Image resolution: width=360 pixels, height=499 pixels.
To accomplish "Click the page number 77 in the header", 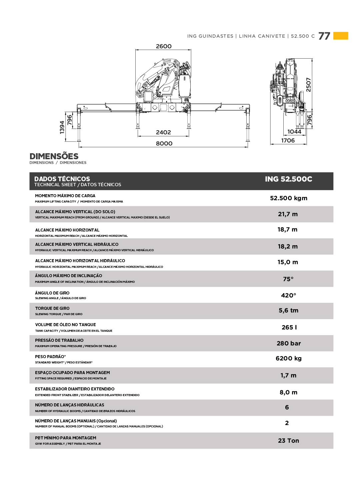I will (324, 36).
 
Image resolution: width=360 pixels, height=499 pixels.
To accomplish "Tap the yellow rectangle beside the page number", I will (341, 36).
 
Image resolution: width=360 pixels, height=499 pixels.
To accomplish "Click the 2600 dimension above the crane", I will (164, 46).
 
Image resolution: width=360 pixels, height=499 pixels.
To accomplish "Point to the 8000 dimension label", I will (164, 144).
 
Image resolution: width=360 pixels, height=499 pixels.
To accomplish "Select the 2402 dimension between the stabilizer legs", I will (163, 132).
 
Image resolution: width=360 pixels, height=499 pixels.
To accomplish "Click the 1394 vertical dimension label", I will (62, 127).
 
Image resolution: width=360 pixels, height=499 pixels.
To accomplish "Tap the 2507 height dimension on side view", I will (309, 85).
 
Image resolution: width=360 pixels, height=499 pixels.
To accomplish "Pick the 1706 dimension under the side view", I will (288, 141).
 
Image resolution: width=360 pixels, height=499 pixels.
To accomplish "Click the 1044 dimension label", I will (294, 132).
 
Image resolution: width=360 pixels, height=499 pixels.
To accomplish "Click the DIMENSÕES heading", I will (54, 156).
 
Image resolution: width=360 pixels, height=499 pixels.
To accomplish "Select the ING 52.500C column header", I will (288, 179).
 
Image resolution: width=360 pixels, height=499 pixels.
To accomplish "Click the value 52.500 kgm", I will (289, 198).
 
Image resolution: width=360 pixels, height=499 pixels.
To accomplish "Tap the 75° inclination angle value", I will (288, 279).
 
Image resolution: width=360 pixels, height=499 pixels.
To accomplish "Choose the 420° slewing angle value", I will (288, 295).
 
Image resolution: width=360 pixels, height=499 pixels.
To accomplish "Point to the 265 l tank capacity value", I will (289, 327).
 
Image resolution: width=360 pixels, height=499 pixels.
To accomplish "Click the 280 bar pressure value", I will (289, 343).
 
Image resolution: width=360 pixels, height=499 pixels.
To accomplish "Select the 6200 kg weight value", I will (288, 358).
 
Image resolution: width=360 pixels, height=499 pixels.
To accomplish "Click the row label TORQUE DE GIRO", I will (52, 308).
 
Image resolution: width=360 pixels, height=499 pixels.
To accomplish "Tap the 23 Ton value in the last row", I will (288, 441).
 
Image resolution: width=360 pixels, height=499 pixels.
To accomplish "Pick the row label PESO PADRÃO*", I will (50, 357).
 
